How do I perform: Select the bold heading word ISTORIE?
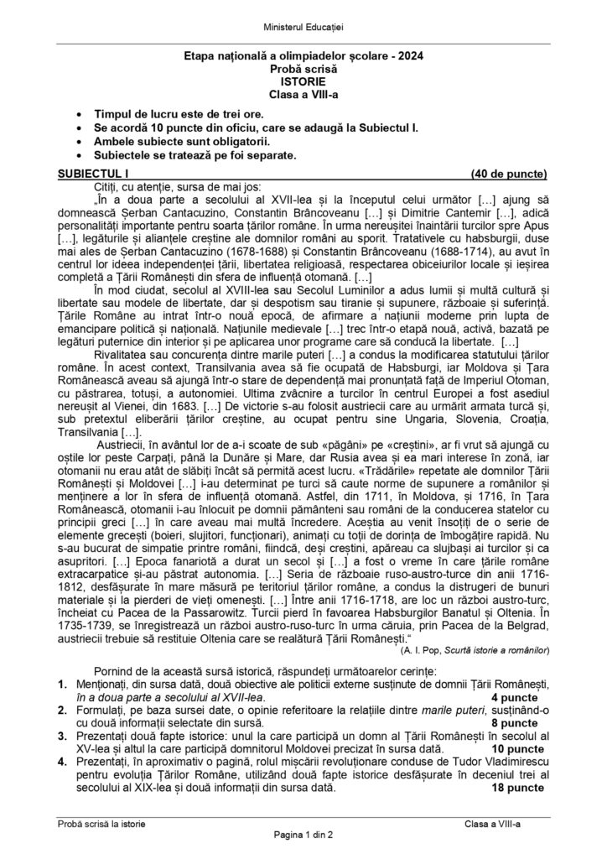coord(303,84)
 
